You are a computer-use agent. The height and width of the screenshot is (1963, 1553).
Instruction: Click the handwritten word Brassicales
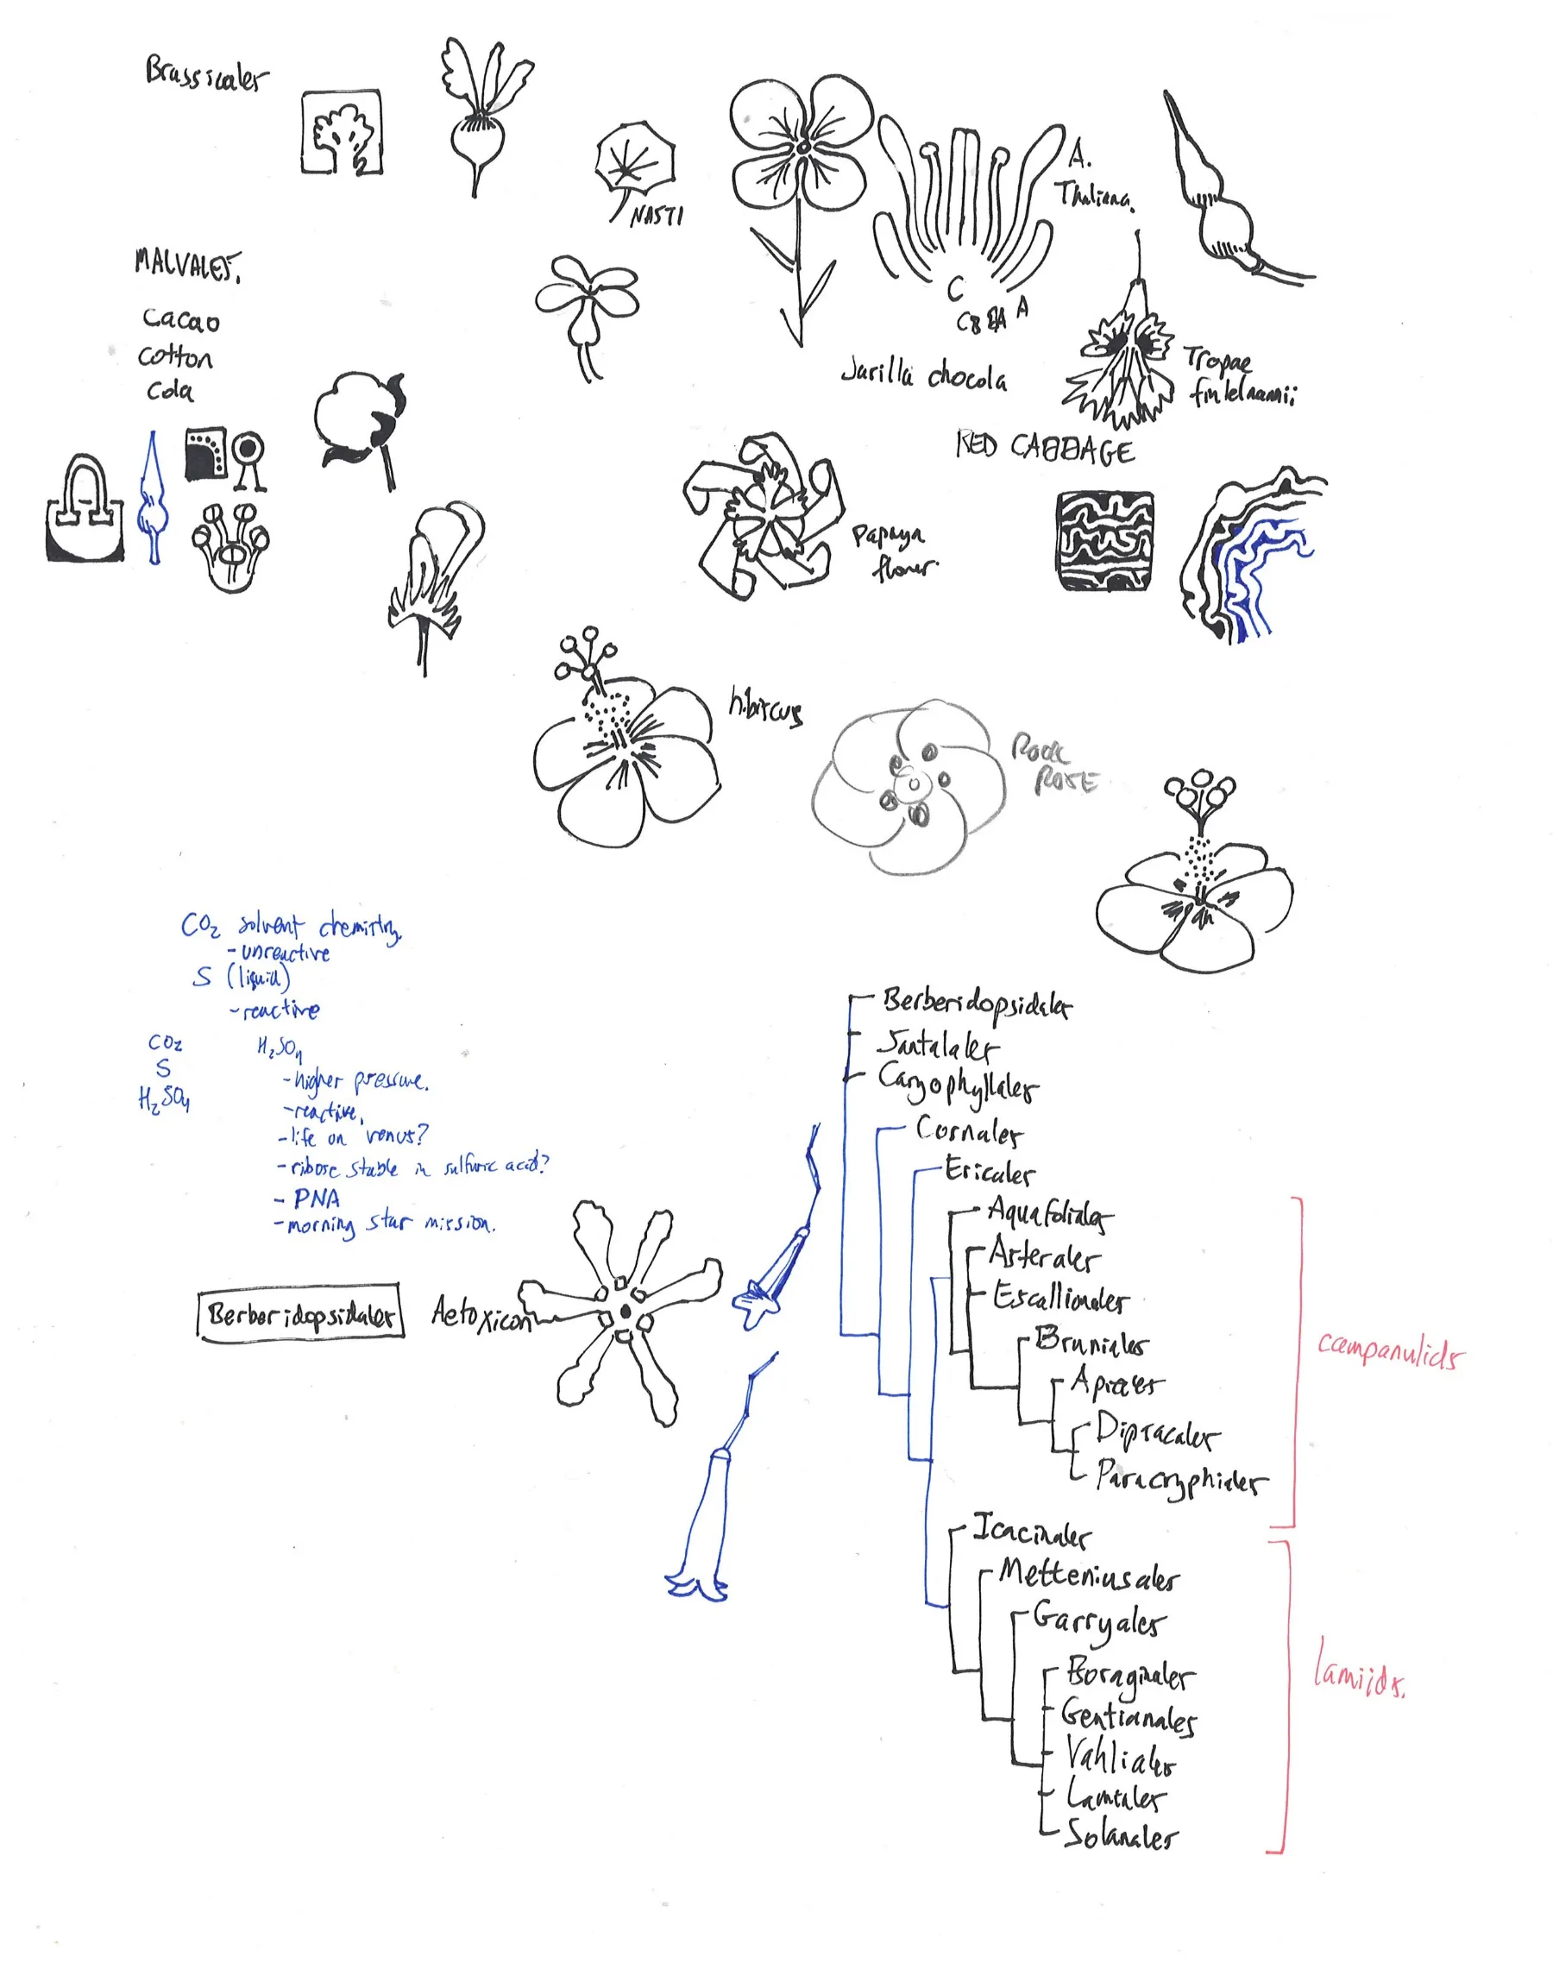coord(207,74)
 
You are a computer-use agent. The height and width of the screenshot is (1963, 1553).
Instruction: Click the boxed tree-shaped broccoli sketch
coord(342,132)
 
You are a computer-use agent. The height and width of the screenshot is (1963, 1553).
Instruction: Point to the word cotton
coord(175,356)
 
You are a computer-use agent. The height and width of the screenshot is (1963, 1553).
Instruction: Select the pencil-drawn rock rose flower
coord(909,786)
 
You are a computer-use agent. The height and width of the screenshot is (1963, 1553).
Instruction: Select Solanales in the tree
coord(1120,1834)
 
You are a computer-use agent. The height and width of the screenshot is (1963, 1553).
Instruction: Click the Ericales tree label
coord(990,1171)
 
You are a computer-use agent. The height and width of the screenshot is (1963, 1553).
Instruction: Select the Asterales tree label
coord(1044,1256)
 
